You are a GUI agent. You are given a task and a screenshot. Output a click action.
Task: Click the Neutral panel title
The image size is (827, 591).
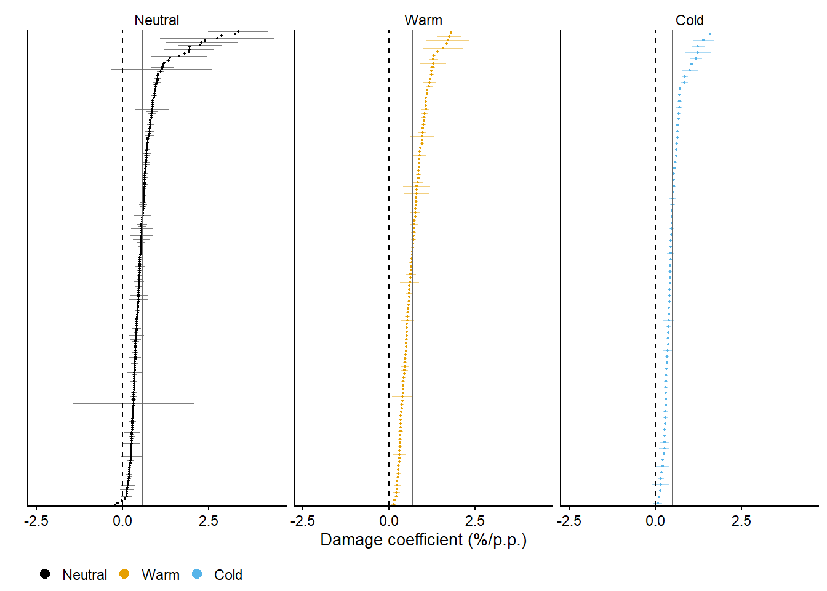click(157, 20)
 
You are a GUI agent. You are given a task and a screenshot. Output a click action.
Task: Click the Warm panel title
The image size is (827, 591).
click(423, 20)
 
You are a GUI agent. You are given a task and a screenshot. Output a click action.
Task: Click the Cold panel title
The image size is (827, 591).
click(689, 20)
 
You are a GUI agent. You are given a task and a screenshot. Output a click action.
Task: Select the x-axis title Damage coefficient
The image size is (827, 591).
click(423, 540)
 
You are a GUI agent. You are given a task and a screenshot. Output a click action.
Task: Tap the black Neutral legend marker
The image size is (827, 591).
click(45, 574)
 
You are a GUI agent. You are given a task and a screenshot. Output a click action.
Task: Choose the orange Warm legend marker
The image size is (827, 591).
click(124, 574)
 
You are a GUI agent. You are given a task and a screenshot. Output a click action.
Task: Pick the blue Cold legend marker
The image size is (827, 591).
click(197, 574)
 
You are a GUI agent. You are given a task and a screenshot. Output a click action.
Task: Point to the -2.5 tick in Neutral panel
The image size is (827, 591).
click(36, 521)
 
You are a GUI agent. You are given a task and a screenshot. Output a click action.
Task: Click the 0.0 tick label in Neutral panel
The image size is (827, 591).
click(122, 521)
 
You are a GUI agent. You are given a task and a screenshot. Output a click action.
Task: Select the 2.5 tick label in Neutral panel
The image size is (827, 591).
click(209, 521)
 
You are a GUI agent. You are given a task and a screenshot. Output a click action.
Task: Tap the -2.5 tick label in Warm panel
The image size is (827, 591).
click(303, 521)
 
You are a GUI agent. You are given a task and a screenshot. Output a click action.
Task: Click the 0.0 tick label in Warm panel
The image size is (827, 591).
click(389, 521)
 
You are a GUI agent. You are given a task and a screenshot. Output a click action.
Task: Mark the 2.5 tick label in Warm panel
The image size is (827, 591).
click(475, 521)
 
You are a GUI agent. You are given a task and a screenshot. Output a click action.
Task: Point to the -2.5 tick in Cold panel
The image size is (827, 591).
click(569, 521)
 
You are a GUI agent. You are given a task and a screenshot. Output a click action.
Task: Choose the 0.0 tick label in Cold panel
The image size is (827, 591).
click(655, 521)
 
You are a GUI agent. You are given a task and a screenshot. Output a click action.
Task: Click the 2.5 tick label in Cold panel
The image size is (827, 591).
click(741, 521)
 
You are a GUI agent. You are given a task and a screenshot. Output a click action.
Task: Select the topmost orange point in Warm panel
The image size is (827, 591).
click(451, 33)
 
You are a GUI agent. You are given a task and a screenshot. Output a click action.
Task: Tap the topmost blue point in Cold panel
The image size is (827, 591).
click(710, 34)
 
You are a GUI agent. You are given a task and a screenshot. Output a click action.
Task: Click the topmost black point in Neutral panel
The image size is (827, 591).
click(238, 31)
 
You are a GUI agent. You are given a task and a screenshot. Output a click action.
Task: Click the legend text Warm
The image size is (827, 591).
click(161, 575)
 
